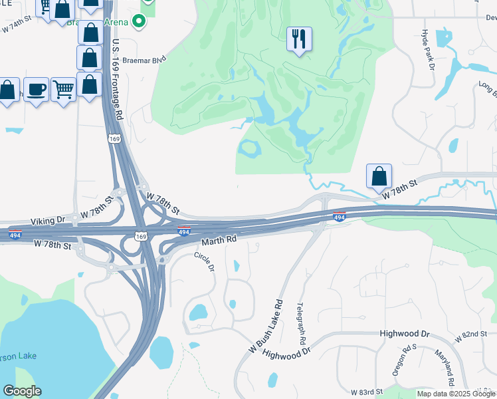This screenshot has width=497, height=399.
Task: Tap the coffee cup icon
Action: pos(36,90)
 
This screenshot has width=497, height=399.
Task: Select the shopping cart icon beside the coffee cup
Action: pos(63,89)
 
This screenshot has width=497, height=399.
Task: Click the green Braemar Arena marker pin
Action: pos(140,22)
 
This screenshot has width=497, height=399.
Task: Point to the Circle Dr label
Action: pos(205,261)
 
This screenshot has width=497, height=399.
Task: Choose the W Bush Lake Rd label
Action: pos(266,327)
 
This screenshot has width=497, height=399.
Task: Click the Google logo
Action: pos(22,391)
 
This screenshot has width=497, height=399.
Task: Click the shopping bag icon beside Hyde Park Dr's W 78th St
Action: pos(379,177)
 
